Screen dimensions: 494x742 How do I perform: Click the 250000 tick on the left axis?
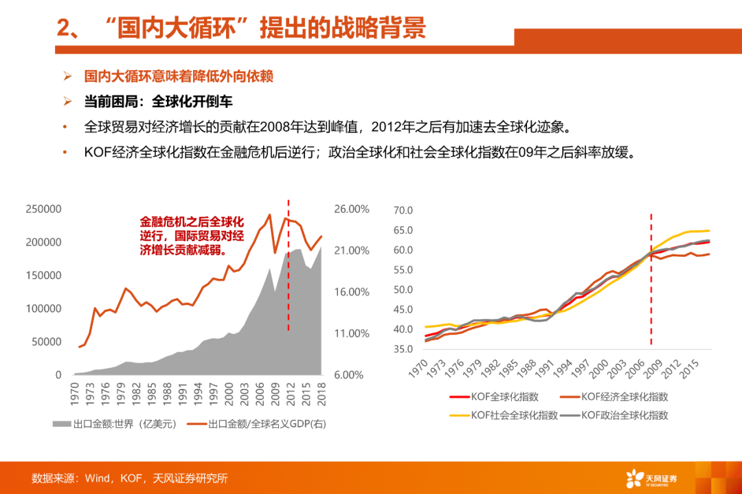coord(43,209)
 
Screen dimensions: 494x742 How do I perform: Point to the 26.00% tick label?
coord(352,209)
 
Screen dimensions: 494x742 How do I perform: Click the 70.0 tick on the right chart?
coord(402,210)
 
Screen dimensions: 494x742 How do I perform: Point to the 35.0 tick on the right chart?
coord(402,350)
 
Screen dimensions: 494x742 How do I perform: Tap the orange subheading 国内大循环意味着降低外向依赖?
coord(178,76)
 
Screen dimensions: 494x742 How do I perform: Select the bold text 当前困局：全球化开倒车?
coord(158,102)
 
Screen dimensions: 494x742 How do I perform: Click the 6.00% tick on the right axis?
coord(352,375)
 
